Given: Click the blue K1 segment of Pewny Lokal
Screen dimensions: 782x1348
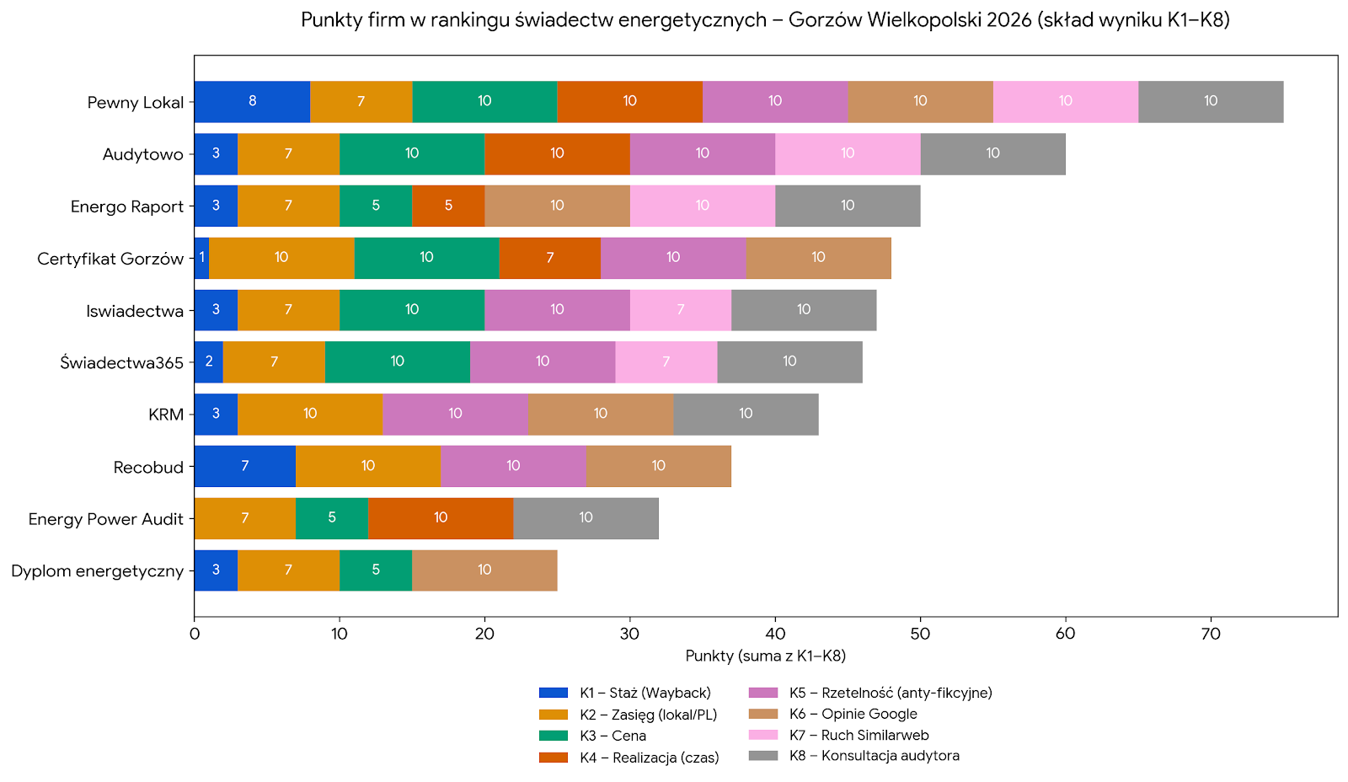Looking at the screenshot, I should click(252, 102).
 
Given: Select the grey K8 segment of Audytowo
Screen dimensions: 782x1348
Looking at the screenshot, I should click(992, 153).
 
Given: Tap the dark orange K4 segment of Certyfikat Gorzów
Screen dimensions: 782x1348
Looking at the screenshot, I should click(549, 258).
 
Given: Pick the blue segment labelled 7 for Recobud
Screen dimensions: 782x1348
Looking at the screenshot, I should click(244, 466).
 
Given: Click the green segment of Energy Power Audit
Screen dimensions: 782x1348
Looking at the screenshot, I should click(332, 518).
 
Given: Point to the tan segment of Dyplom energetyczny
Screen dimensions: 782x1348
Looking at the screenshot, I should click(484, 570).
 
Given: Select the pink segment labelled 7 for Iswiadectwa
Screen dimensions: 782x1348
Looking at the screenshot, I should click(680, 310).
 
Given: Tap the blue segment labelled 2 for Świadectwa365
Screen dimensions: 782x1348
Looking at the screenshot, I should click(209, 362).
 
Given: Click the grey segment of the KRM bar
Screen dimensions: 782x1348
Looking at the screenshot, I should click(746, 414).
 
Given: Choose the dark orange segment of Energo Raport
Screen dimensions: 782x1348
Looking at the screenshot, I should click(448, 206).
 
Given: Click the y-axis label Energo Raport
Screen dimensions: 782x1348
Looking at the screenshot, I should click(127, 206).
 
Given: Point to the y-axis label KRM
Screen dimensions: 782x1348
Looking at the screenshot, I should click(166, 415).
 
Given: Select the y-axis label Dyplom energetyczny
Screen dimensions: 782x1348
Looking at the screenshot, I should click(98, 571).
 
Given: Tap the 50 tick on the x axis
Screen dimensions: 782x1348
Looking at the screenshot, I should click(920, 634).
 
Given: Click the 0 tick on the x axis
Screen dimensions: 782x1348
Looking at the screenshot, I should click(195, 634).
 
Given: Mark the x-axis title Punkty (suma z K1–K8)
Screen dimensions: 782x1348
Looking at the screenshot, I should click(765, 656).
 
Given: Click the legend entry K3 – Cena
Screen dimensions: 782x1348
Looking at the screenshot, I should click(612, 736).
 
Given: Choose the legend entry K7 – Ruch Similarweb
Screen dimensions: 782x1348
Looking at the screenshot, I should click(859, 735).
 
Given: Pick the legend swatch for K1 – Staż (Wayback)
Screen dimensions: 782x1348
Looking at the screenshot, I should click(554, 693).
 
